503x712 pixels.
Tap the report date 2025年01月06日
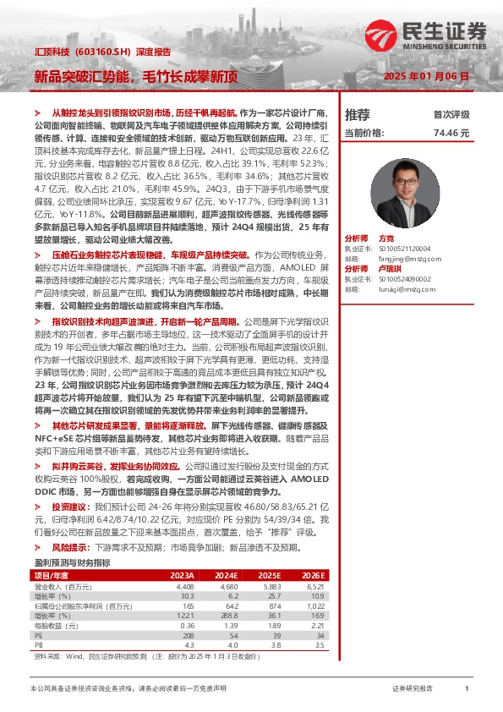coord(432,76)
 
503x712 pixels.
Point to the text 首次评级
coord(451,115)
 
